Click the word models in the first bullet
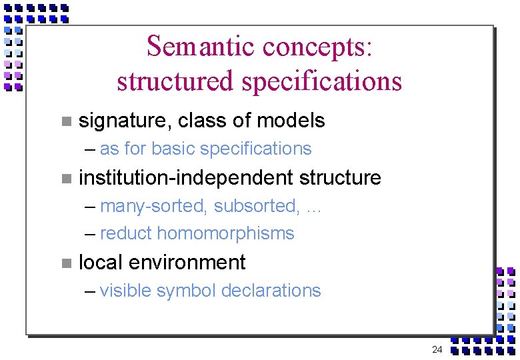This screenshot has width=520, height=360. pos(291,121)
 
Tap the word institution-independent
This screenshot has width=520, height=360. pos(186,178)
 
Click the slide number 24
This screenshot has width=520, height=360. pos(437,349)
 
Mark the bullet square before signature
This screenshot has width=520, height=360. pos(65,121)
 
